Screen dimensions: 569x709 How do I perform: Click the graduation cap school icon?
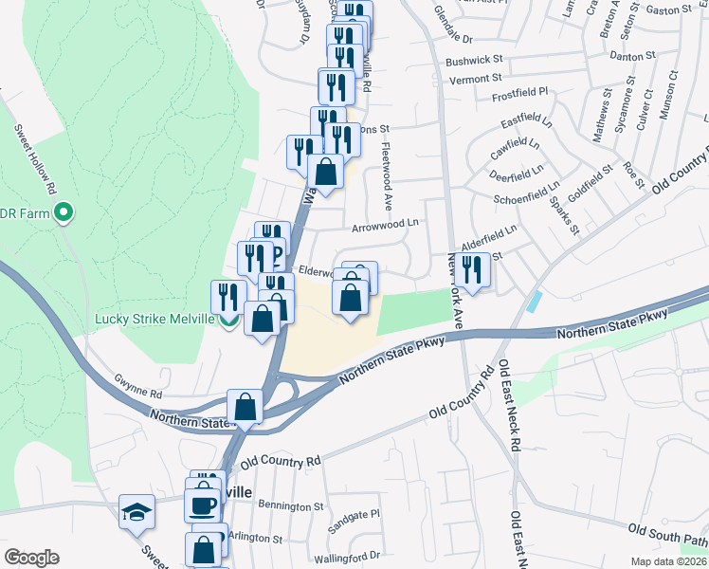(137, 512)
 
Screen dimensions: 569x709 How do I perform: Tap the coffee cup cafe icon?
(202, 505)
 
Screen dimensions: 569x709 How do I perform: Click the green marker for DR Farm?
(64, 212)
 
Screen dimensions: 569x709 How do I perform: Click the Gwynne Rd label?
(138, 394)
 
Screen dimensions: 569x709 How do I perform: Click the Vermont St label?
(474, 80)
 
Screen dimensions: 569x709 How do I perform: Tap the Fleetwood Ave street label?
(386, 176)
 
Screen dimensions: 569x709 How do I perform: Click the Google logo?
(31, 558)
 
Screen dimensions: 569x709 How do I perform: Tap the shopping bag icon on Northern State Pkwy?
(245, 407)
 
